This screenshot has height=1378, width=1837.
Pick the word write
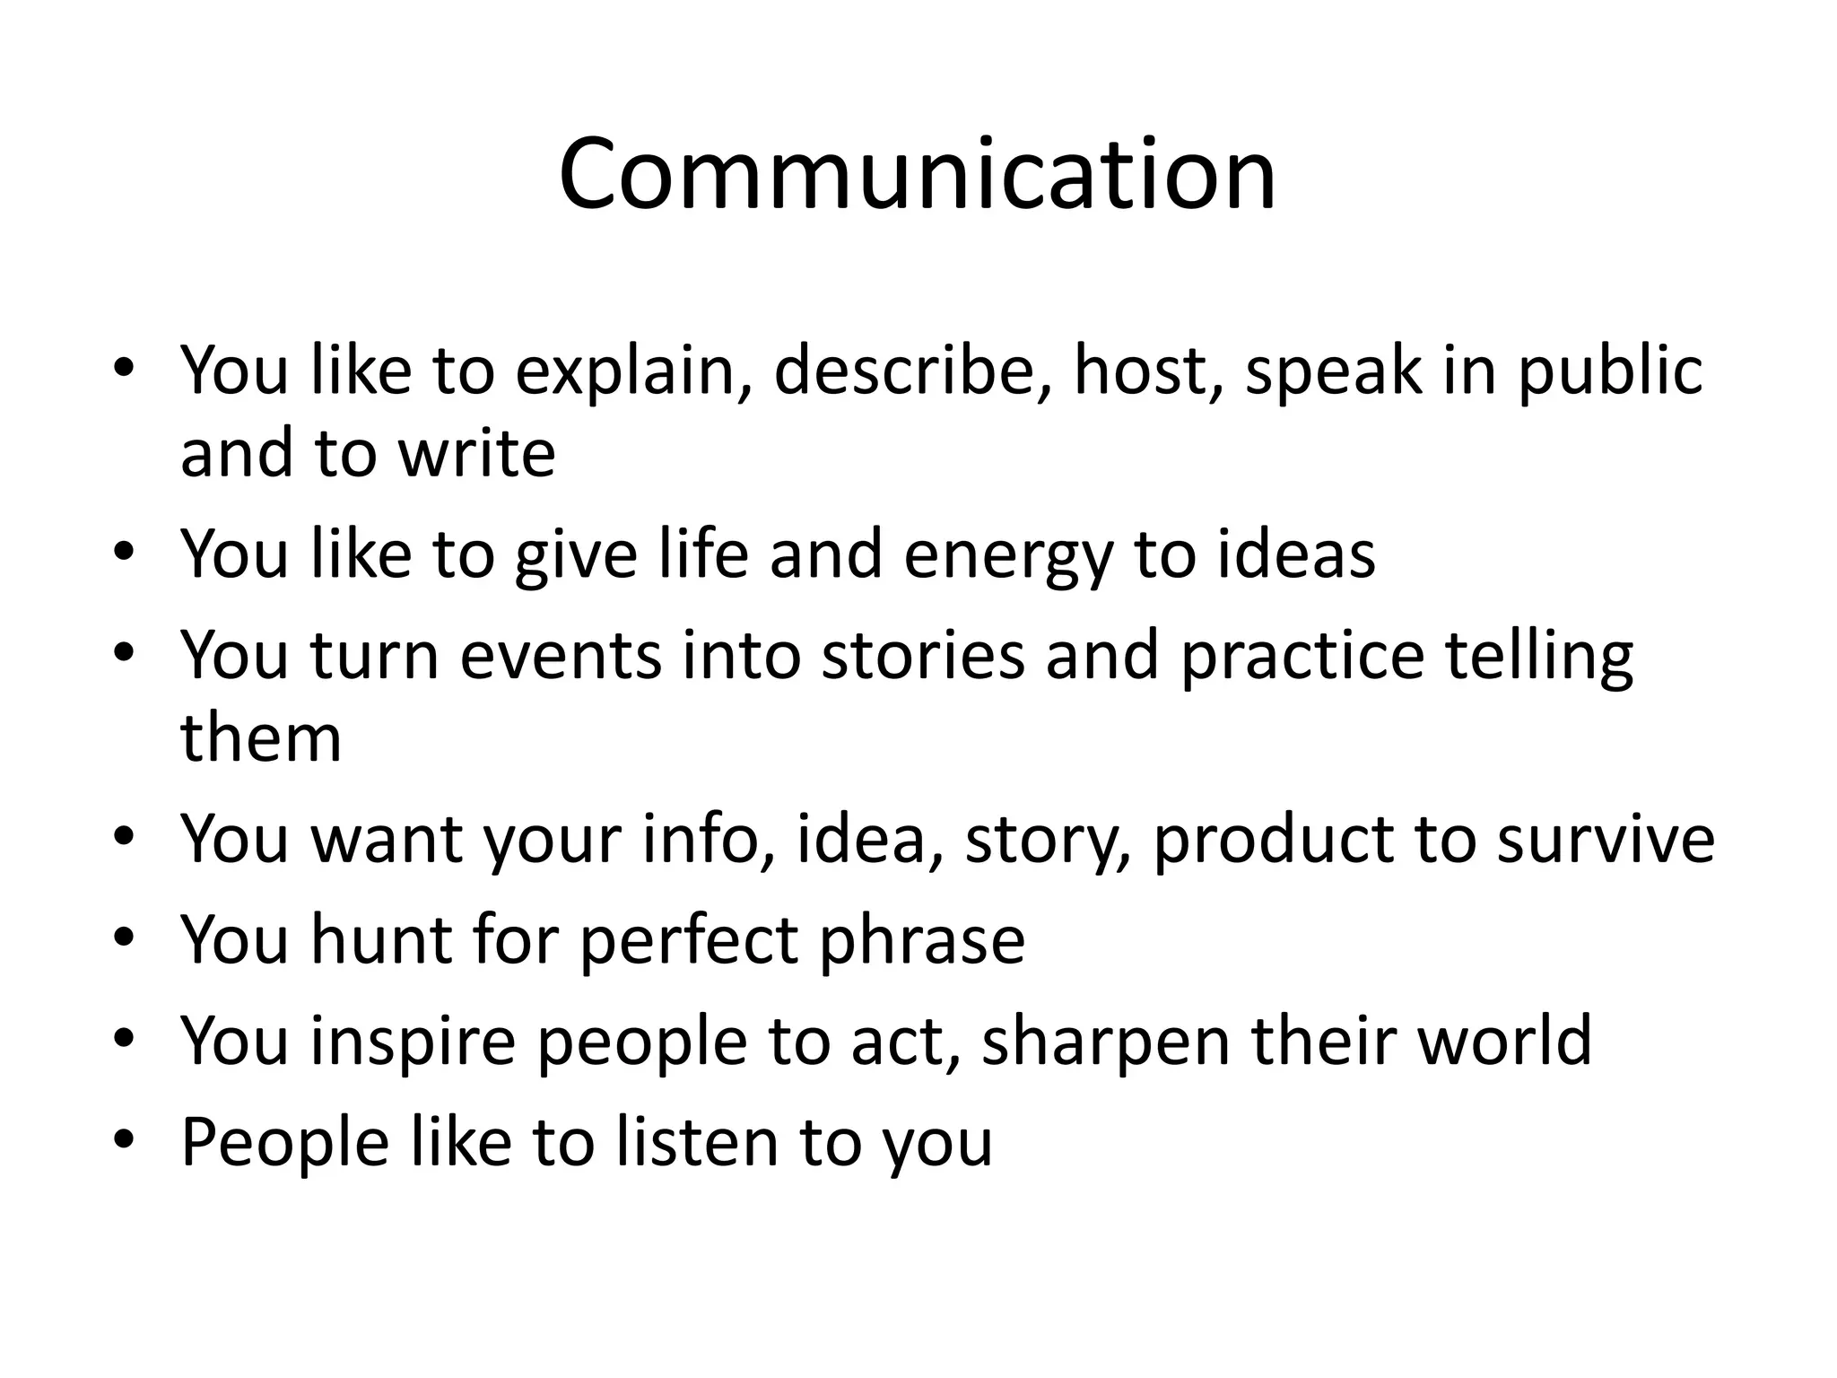pyautogui.click(x=476, y=453)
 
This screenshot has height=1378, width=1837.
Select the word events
pyautogui.click(x=561, y=656)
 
